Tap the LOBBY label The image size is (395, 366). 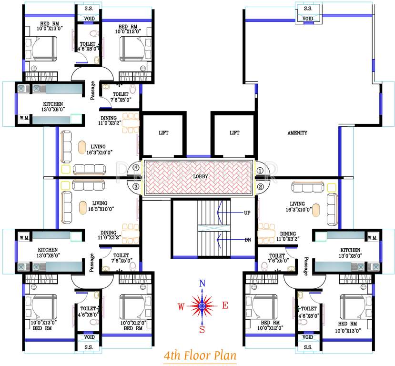pos(200,176)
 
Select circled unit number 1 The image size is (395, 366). pos(260,170)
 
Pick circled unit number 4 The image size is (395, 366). pos(136,168)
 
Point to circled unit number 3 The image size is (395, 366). pos(136,186)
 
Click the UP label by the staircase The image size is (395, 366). pos(247,212)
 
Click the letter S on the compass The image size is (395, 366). pos(202,329)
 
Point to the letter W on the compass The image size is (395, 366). pos(181,307)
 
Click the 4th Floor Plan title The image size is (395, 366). pos(200,356)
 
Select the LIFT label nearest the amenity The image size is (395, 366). pos(234,133)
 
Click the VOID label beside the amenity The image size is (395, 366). pos(308,19)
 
